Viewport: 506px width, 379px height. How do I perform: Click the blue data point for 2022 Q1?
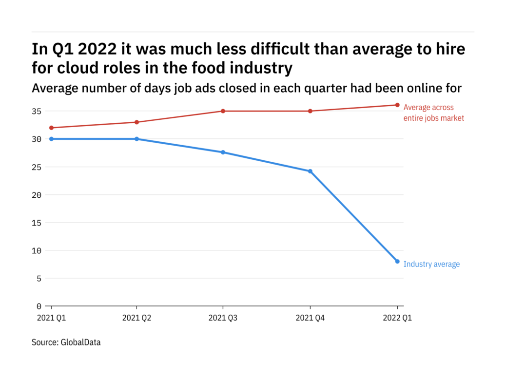397,262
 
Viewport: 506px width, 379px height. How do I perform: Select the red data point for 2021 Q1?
51,128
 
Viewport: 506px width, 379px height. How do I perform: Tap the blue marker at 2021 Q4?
310,171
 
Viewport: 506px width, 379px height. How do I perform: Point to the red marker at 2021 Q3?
223,111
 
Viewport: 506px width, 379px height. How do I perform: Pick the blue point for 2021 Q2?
136,139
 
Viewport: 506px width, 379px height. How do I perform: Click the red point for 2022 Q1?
397,105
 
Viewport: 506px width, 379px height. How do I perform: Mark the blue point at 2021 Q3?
223,152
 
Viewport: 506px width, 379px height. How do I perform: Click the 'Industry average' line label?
431,265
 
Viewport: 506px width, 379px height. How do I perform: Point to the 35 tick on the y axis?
37,111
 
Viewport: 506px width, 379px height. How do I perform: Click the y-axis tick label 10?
37,250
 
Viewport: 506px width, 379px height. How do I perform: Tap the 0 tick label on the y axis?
39,306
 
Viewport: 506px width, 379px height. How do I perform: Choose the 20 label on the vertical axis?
37,195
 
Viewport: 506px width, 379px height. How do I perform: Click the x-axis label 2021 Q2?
136,318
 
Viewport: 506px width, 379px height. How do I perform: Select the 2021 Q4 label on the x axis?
310,318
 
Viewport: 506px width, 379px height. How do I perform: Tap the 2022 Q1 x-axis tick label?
397,318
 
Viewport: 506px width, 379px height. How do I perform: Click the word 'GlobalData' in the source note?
80,342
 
